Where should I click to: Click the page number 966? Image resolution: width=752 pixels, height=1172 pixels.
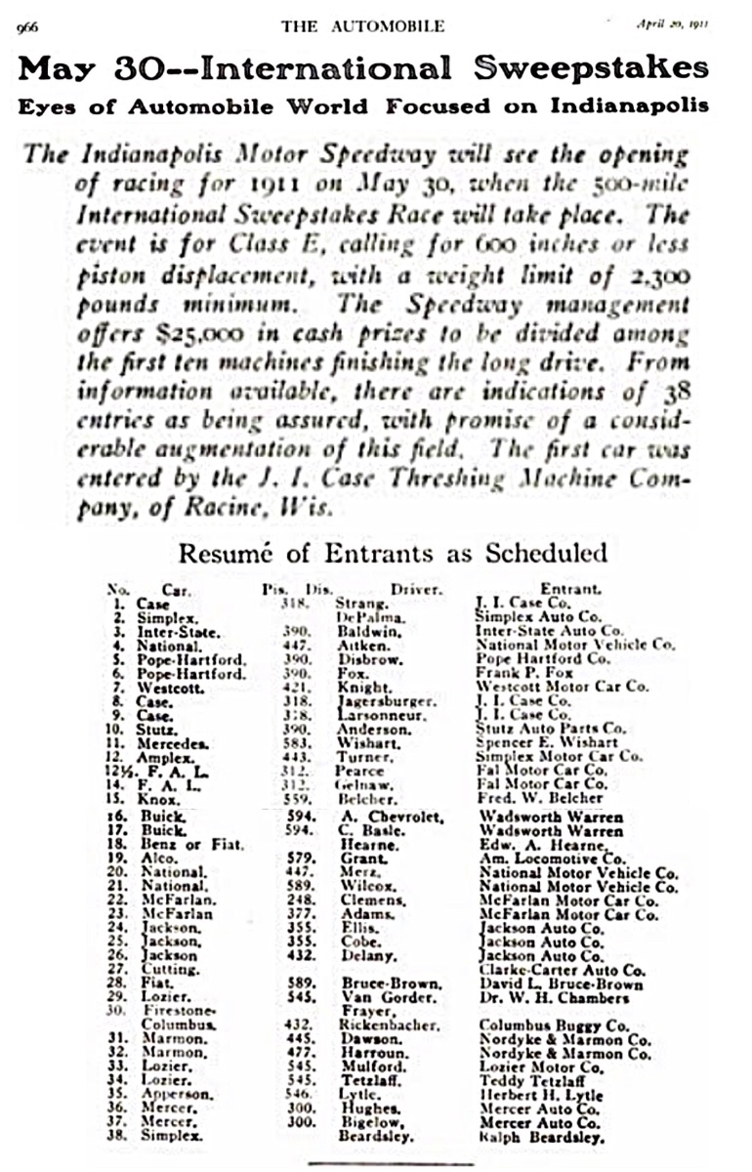(26, 27)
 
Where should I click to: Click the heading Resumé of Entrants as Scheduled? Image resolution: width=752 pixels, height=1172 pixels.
(393, 554)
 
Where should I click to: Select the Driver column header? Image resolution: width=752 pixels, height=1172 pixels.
(416, 590)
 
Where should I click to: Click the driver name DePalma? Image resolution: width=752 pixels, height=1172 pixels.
(363, 618)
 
